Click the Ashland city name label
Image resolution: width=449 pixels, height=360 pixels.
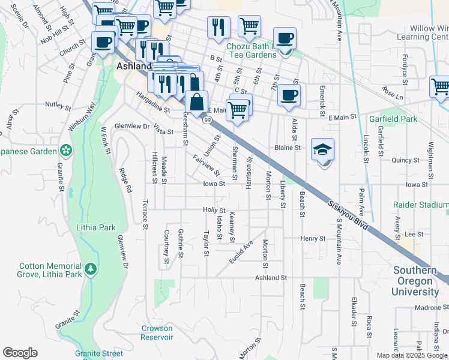pyautogui.click(x=131, y=66)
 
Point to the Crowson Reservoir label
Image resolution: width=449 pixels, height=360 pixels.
pyautogui.click(x=157, y=333)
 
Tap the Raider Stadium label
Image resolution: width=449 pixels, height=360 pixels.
pyautogui.click(x=421, y=205)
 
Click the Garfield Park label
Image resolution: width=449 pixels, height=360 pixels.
pyautogui.click(x=393, y=119)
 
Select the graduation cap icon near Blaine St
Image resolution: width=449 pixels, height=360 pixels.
pyautogui.click(x=323, y=151)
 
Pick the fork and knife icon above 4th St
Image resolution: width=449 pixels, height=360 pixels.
pyautogui.click(x=218, y=26)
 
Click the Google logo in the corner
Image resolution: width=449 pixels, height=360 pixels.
pyautogui.click(x=20, y=353)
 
